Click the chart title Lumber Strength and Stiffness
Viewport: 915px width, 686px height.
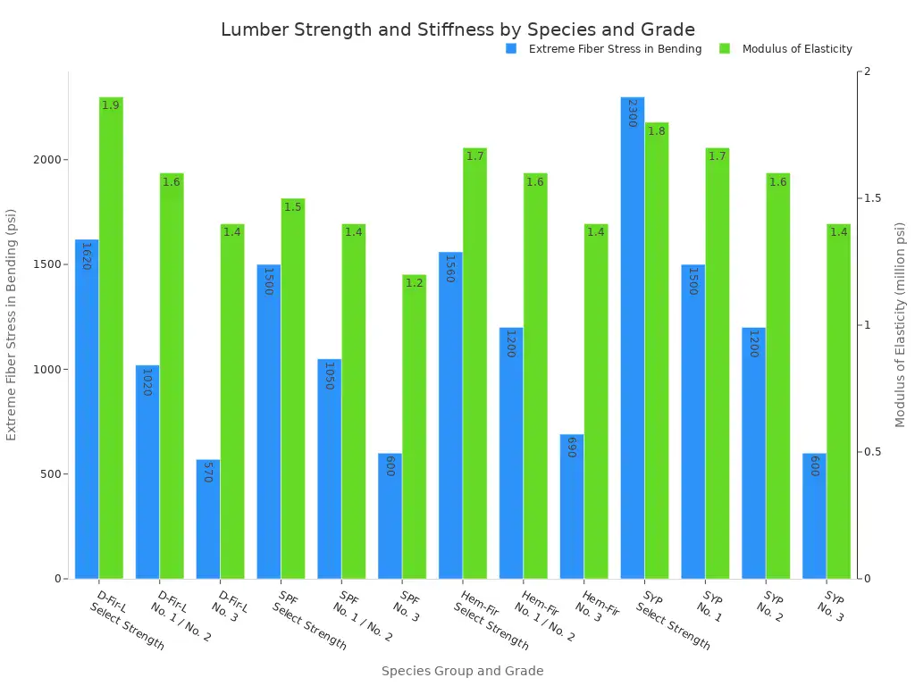[x=457, y=29]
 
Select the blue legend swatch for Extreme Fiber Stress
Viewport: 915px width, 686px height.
[x=511, y=49]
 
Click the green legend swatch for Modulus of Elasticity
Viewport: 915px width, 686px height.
[x=725, y=49]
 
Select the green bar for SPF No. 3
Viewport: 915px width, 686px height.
[x=414, y=429]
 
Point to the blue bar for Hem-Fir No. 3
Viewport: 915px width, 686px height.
[x=572, y=509]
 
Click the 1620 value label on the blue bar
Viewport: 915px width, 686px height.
[x=87, y=256]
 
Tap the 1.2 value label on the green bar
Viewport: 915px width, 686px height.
[x=414, y=283]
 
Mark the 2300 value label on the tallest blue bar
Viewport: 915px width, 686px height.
[x=632, y=113]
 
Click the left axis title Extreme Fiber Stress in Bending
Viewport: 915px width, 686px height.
[x=12, y=324]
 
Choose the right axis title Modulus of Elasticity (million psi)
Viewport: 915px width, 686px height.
[x=901, y=324]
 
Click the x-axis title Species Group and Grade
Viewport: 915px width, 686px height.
[x=462, y=671]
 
